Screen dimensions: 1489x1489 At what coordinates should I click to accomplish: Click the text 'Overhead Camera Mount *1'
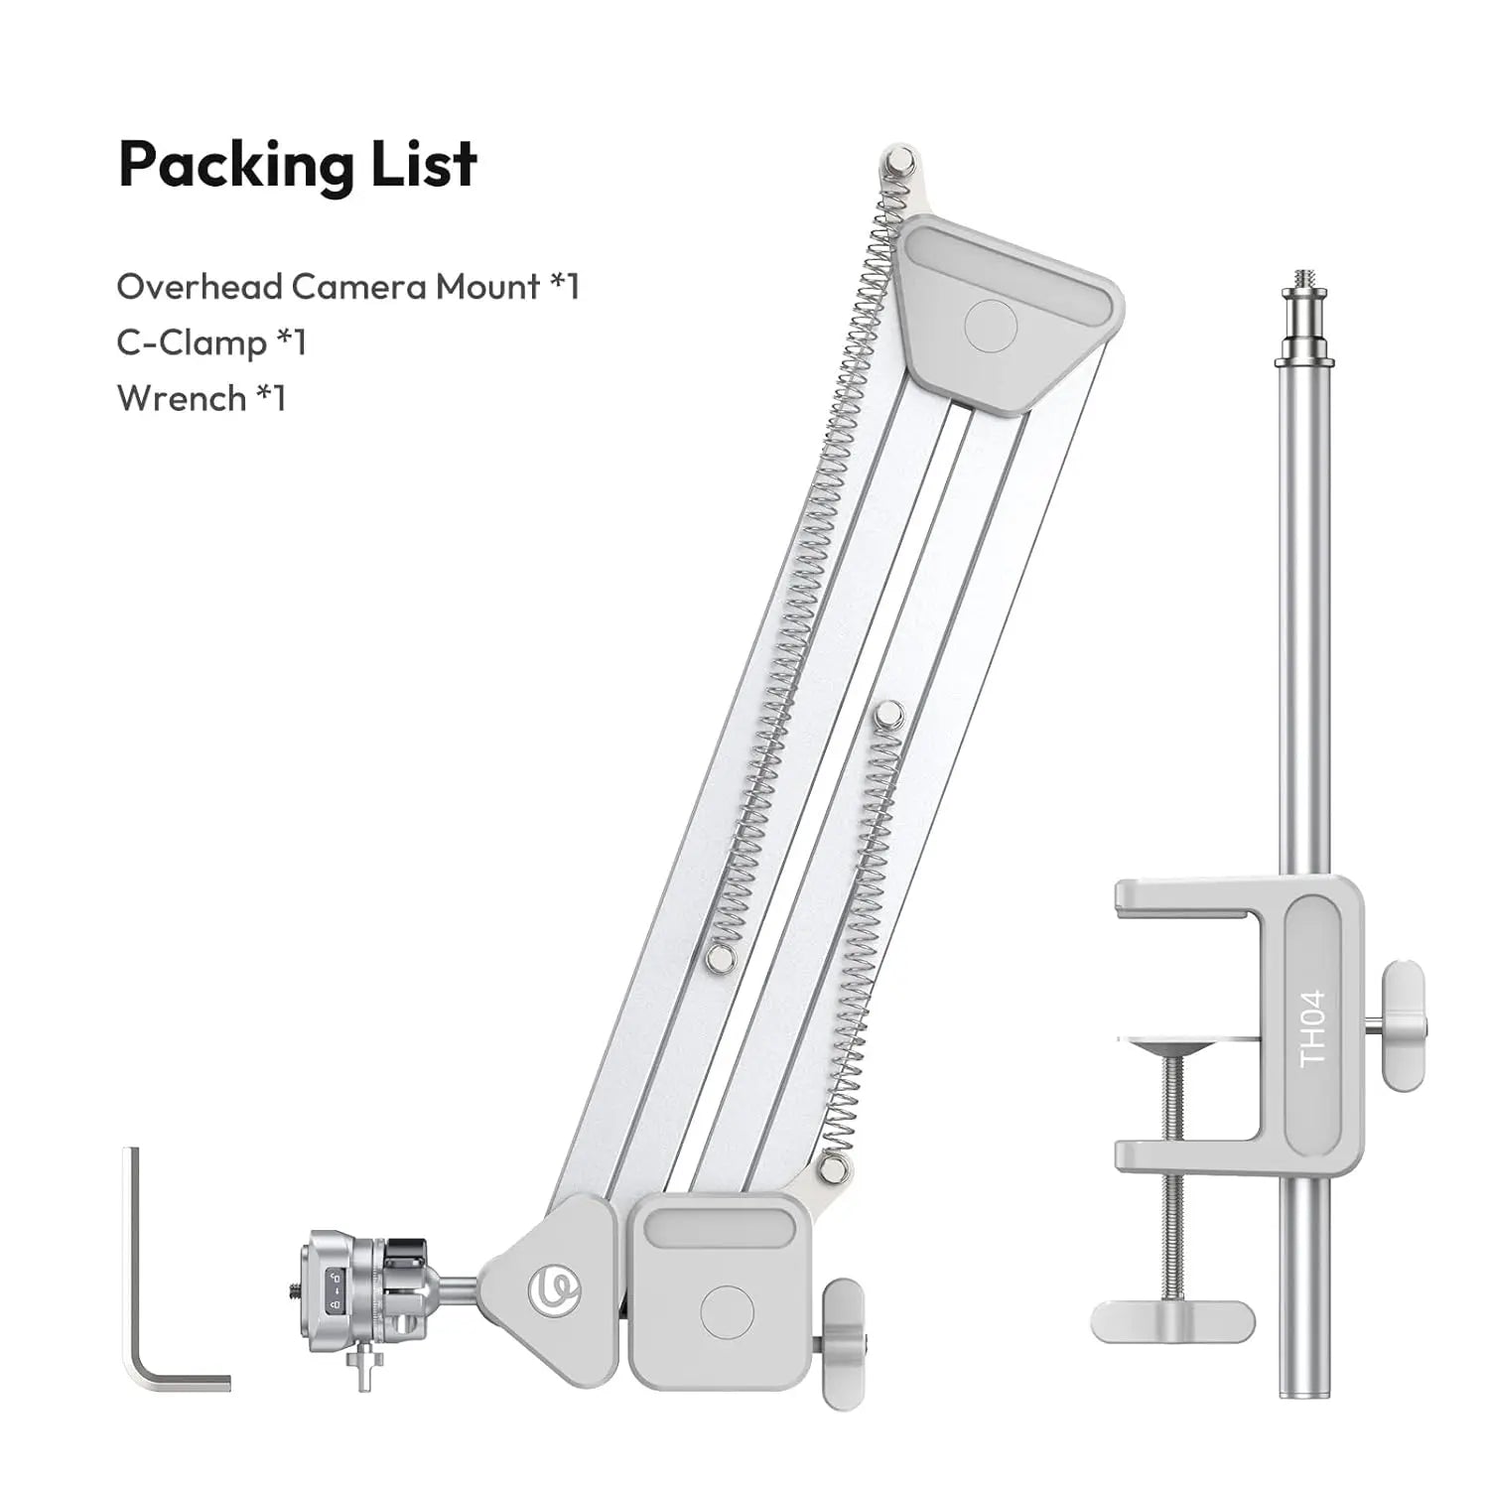click(348, 287)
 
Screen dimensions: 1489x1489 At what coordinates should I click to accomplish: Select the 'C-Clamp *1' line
click(212, 342)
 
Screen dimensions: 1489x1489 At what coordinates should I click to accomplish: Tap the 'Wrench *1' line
click(202, 398)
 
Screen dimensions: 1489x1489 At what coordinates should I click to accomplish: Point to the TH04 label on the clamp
click(1312, 1028)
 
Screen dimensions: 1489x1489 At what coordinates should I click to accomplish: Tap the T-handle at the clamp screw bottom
click(1172, 1320)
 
